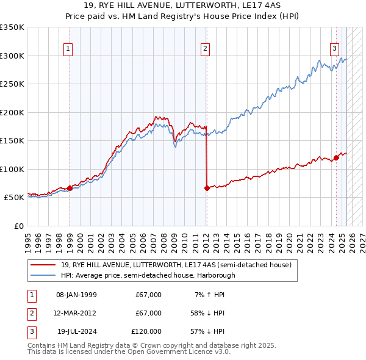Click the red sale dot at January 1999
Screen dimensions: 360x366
point(70,188)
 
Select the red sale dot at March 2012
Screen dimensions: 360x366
point(207,188)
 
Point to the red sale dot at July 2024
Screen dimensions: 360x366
point(336,158)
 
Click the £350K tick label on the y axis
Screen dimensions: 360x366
point(12,27)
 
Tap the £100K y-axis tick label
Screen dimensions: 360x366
point(12,169)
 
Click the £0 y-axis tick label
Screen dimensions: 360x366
point(18,226)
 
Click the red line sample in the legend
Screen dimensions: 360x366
point(43,265)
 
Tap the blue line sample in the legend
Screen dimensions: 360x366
point(43,275)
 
